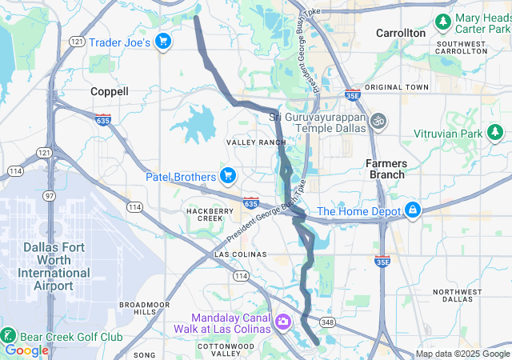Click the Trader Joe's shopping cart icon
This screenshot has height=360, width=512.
(x=164, y=42)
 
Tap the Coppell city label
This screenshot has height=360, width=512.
(x=110, y=91)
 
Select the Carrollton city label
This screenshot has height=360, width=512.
(x=401, y=33)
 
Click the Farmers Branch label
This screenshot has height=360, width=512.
(x=386, y=169)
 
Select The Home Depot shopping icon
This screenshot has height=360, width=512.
(x=412, y=211)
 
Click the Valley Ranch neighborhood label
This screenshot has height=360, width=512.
(x=256, y=142)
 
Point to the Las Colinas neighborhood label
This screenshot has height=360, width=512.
(x=239, y=254)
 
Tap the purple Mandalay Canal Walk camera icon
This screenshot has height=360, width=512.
(x=282, y=322)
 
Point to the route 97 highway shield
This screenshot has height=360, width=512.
(x=50, y=196)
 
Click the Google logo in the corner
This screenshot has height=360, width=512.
(x=26, y=350)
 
